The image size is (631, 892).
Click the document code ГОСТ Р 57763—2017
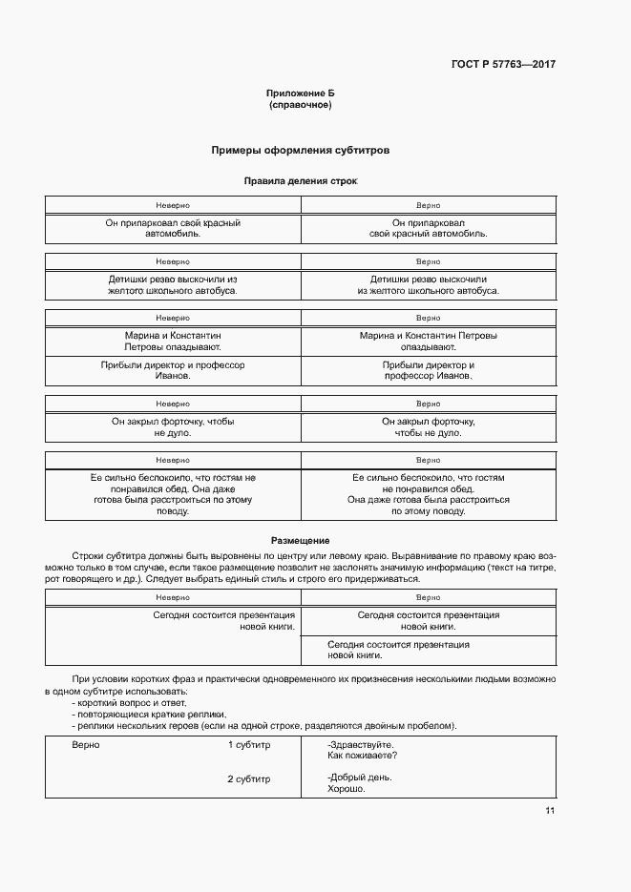[502, 65]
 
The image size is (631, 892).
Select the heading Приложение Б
[301, 93]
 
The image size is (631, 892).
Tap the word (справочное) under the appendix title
[301, 105]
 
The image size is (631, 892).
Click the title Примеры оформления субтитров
[301, 151]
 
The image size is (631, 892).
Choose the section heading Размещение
[301, 540]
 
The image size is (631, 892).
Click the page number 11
[550, 811]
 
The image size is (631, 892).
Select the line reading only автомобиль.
[173, 234]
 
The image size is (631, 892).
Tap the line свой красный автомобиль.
[428, 234]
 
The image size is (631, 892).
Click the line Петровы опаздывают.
[173, 348]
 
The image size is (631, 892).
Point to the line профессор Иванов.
[428, 377]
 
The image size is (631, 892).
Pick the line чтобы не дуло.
[428, 433]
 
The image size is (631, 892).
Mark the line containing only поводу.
[173, 510]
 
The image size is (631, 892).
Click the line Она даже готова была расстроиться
[428, 499]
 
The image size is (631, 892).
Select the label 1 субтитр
[249, 744]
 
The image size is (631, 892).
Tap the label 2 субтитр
[249, 778]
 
